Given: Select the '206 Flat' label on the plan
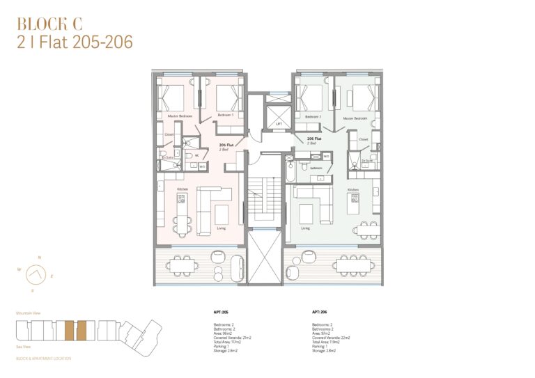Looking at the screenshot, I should click(314, 139).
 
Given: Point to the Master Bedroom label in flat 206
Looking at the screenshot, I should click(355, 118).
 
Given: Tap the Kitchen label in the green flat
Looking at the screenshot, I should click(353, 189).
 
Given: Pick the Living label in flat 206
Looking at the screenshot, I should click(305, 228).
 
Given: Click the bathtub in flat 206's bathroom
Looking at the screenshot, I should click(288, 171).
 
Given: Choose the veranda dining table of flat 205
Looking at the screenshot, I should click(183, 265).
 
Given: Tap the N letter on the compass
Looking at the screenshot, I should click(39, 258).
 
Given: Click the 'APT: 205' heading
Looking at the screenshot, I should click(221, 313).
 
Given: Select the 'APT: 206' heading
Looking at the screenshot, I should click(320, 313).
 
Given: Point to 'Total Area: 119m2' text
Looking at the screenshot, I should click(329, 342).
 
